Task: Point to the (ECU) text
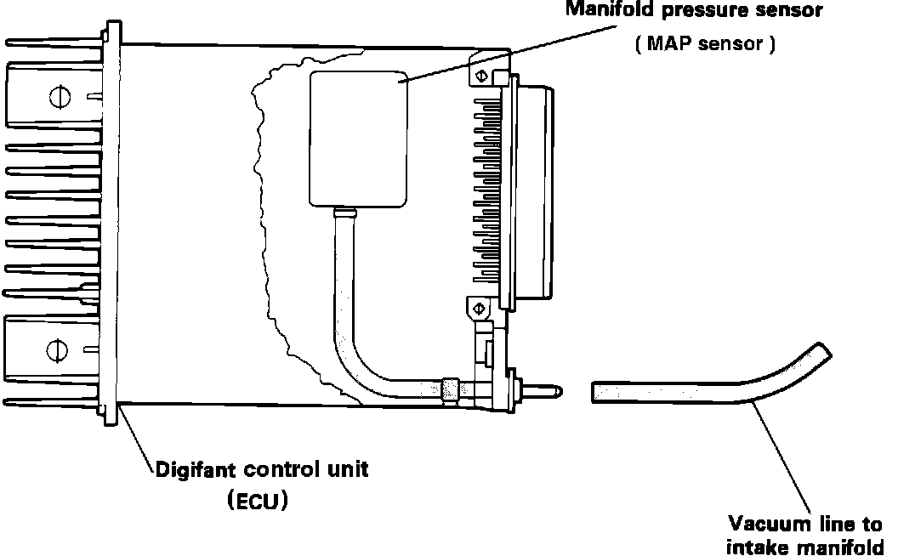coord(258,501)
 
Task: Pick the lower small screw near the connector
coord(477,306)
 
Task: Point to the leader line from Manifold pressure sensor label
coord(510,53)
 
